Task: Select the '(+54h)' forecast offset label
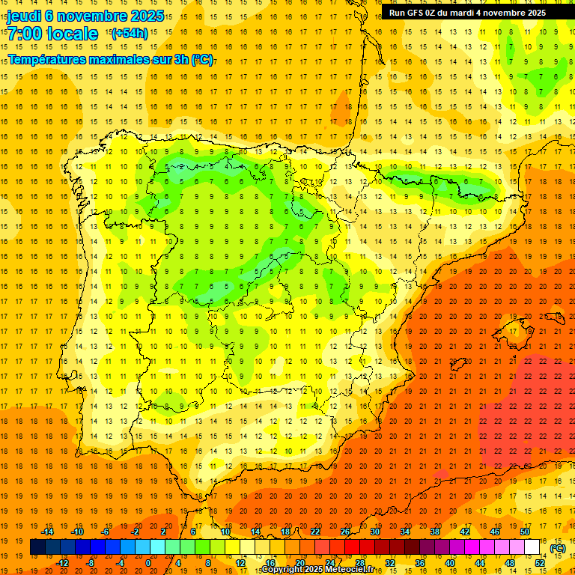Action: point(129,33)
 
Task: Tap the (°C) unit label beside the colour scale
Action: point(557,547)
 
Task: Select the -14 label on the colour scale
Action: point(49,532)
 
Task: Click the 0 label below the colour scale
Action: point(148,563)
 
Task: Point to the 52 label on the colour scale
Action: point(540,563)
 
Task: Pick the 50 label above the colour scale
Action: point(525,532)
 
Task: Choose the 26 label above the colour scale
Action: point(345,532)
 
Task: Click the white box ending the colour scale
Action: point(532,547)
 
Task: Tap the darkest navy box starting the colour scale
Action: point(37,547)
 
